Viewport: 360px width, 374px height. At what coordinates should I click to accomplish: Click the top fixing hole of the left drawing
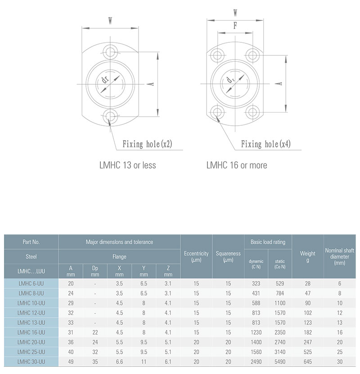pos(110,51)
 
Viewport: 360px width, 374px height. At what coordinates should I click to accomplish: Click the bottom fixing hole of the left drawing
pos(110,116)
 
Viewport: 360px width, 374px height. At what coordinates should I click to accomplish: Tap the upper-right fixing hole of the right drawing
pos(252,55)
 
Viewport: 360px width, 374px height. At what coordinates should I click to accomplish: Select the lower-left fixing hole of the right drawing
pos(217,112)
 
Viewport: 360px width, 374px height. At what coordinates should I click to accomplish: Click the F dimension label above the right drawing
pos(235,25)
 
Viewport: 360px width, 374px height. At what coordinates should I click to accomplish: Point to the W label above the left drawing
pos(110,21)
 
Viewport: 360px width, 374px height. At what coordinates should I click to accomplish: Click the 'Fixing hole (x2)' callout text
pos(147,144)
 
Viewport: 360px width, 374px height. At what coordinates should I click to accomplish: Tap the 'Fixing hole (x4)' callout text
pos(265,144)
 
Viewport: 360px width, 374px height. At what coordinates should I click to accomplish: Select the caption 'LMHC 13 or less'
pos(127,165)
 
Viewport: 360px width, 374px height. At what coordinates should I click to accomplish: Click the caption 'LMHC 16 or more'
pos(237,165)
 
